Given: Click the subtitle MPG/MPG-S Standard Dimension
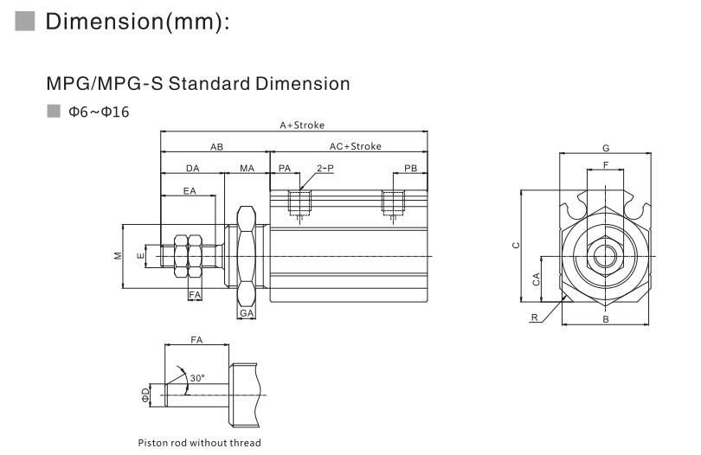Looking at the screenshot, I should [198, 84].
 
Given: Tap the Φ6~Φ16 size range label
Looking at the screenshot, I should [99, 112].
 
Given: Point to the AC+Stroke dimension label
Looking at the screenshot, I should [355, 146].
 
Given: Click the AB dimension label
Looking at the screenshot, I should [216, 146].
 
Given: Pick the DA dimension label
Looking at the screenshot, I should [192, 168].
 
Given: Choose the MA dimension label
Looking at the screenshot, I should [248, 168].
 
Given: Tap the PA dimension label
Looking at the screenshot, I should [284, 168].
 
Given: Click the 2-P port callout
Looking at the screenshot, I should [325, 168].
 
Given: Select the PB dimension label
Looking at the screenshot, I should [411, 168].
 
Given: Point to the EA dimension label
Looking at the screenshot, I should [188, 191].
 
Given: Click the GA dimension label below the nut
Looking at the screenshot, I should [247, 312].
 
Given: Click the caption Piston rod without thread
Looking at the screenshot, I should [200, 443].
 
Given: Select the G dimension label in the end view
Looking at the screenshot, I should [605, 148].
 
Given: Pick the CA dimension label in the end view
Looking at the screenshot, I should [537, 279].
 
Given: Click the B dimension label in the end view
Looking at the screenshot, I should [606, 319].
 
